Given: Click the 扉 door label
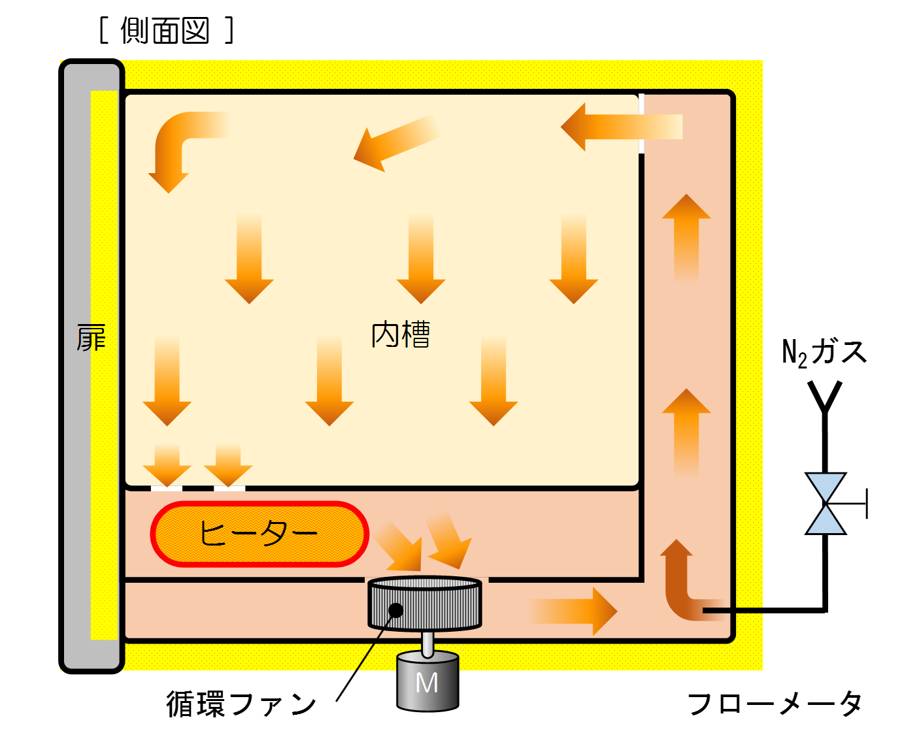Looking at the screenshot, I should [90, 338].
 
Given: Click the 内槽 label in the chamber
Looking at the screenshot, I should [400, 335].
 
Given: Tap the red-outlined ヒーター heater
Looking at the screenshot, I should [259, 534].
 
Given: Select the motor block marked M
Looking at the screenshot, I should [427, 681].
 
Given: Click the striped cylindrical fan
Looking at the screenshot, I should [425, 603].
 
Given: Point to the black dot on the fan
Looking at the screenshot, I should [395, 610].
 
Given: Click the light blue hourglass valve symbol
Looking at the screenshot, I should [826, 503].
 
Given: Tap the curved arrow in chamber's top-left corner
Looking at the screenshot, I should [178, 145].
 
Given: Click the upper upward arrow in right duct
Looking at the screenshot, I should [686, 235].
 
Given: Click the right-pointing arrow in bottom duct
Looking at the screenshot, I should [572, 611].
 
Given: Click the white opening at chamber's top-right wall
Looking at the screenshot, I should [641, 123].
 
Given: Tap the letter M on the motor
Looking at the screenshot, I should [427, 683].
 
